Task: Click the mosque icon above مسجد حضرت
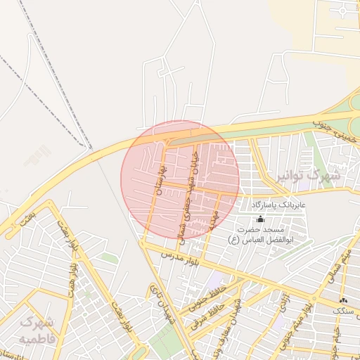[x=260, y=219]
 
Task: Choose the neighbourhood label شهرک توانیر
[x=307, y=174]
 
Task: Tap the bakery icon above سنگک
[x=343, y=300]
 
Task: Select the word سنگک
[x=344, y=310]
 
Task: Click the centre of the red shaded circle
[x=180, y=179]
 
